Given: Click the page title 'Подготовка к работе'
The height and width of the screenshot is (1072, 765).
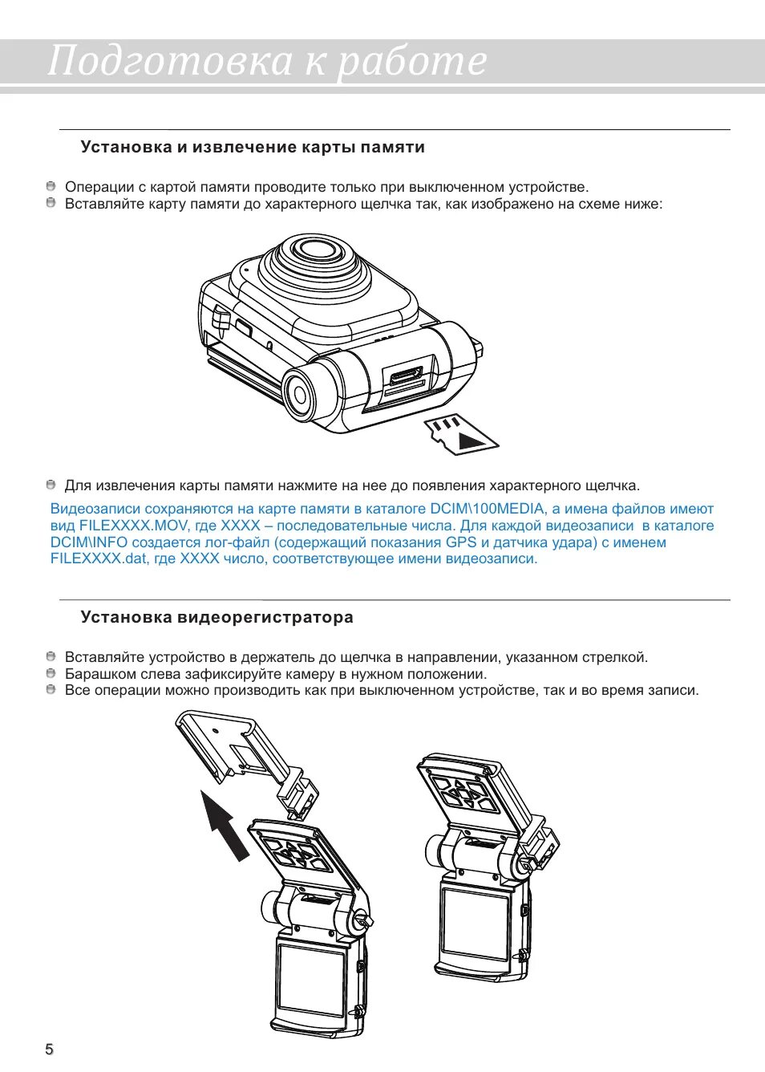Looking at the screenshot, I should coord(267,60).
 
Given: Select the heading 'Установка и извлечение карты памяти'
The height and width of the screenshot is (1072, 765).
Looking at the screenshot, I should coord(253,148).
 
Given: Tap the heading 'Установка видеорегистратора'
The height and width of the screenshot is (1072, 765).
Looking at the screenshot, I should coord(217,618).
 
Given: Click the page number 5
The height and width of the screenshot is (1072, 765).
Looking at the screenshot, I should coord(49,1050).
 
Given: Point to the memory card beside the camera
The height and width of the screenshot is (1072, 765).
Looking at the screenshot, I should coord(460,434).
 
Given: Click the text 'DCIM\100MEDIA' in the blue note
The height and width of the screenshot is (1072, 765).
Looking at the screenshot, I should coord(487,509).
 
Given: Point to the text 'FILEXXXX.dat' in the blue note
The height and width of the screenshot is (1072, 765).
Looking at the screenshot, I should coord(99,558).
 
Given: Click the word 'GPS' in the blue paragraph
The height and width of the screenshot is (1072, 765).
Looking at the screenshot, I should coord(461,542).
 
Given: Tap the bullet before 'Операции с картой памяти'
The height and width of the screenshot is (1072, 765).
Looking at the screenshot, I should coord(51,187).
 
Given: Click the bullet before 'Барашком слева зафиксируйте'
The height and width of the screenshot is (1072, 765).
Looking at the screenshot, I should coord(51,674).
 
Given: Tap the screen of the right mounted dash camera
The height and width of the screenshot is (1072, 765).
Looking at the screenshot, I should coord(475,923).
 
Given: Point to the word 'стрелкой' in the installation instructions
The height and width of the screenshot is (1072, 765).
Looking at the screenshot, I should coord(617,657).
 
